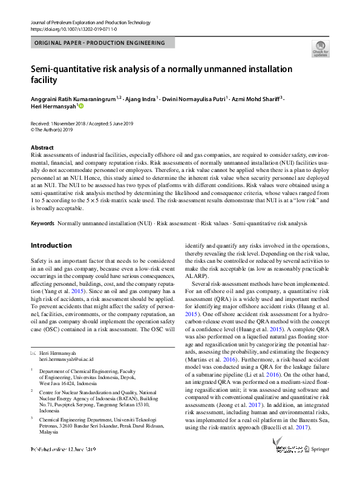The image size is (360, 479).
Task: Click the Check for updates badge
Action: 320,49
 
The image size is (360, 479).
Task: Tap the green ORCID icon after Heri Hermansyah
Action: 81,107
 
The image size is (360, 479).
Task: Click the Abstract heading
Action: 42,148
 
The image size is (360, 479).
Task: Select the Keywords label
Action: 42,223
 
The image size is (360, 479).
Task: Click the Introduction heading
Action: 51,246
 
